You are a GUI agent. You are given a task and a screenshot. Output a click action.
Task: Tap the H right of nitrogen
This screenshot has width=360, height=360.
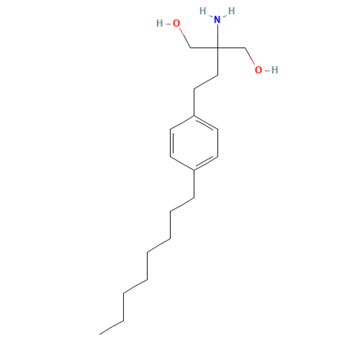pos(231,12)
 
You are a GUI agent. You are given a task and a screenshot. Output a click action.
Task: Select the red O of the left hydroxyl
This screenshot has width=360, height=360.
pos(176,24)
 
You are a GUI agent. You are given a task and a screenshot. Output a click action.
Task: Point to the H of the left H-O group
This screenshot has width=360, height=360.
pos(159,24)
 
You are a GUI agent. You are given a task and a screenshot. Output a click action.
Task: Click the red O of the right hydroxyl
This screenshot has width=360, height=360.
pos(258,70)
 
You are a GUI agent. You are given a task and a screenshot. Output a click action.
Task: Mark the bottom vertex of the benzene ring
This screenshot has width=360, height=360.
pos(194,170)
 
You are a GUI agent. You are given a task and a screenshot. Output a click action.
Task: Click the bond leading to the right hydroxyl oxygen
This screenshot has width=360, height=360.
pos(248,57)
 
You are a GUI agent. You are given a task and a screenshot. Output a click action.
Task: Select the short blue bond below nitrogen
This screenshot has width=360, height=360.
pos(217,31)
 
